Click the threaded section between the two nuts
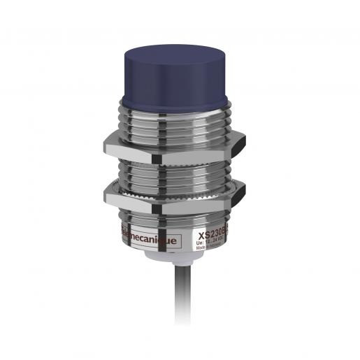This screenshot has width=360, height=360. click(x=179, y=172)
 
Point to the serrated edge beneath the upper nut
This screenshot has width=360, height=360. click(x=179, y=162)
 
